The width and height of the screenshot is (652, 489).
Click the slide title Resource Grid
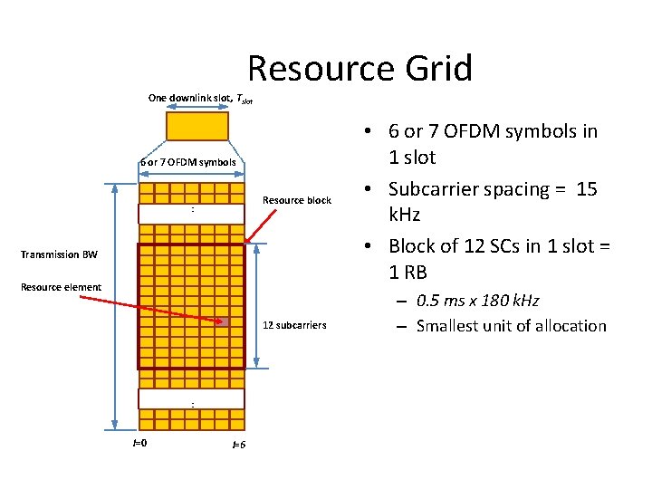tap(360, 69)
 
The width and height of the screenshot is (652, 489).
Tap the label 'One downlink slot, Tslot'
tap(199, 99)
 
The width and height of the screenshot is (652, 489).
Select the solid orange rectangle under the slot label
tap(197, 126)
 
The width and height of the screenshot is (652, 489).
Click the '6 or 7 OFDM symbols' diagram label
tap(188, 163)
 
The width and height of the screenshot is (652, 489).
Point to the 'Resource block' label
tap(297, 200)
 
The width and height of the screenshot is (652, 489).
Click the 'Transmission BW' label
tap(59, 254)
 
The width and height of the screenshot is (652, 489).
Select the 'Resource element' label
tap(62, 287)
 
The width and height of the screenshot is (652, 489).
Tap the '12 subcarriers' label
tap(294, 324)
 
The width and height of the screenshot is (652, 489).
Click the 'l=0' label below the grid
tap(140, 443)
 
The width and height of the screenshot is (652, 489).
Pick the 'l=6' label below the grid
tap(239, 445)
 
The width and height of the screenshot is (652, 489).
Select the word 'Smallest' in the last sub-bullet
tap(451, 326)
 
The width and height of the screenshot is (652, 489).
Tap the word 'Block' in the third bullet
tap(412, 245)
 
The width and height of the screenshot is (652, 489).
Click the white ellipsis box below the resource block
tap(192, 399)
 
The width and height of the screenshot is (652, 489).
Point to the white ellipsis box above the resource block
tap(192, 214)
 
